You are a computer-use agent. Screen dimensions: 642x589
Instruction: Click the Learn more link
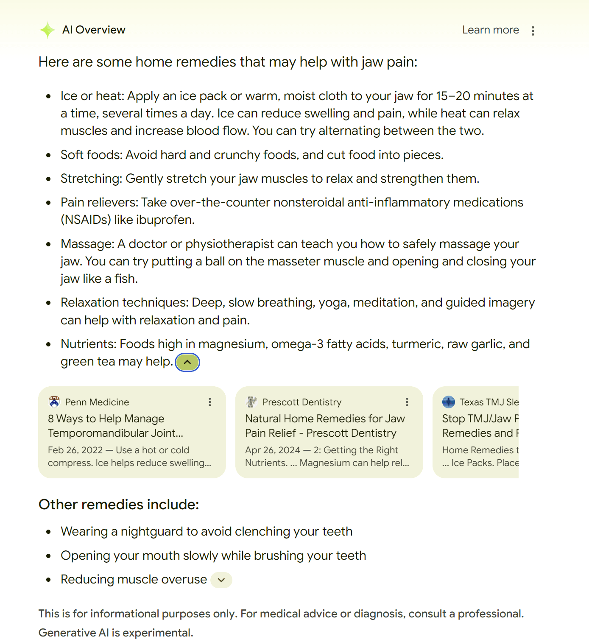[490, 30]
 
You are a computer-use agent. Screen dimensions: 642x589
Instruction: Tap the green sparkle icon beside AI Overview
[47, 30]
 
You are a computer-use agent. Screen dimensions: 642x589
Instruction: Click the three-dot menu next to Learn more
[533, 31]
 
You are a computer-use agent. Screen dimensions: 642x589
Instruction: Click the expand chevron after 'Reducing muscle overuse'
[221, 580]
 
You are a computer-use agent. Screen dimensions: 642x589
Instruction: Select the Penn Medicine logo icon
[54, 402]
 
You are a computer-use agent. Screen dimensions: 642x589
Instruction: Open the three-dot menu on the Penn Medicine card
[210, 402]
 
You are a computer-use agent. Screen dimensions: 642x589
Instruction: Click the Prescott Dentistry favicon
[251, 402]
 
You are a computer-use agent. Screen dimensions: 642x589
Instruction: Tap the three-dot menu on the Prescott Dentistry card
[407, 402]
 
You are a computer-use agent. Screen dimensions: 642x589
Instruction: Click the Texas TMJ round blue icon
[448, 402]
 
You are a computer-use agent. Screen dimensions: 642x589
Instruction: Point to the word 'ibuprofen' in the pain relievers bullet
[166, 220]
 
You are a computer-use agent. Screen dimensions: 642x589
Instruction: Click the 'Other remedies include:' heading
[119, 505]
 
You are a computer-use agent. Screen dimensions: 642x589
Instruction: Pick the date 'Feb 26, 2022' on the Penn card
[75, 450]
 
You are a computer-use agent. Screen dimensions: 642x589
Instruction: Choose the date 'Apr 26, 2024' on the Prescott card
[273, 450]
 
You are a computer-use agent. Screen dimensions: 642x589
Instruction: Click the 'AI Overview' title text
[94, 30]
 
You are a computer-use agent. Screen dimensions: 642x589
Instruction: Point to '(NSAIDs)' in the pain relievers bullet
[86, 220]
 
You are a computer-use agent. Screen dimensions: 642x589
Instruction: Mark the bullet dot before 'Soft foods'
[49, 155]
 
